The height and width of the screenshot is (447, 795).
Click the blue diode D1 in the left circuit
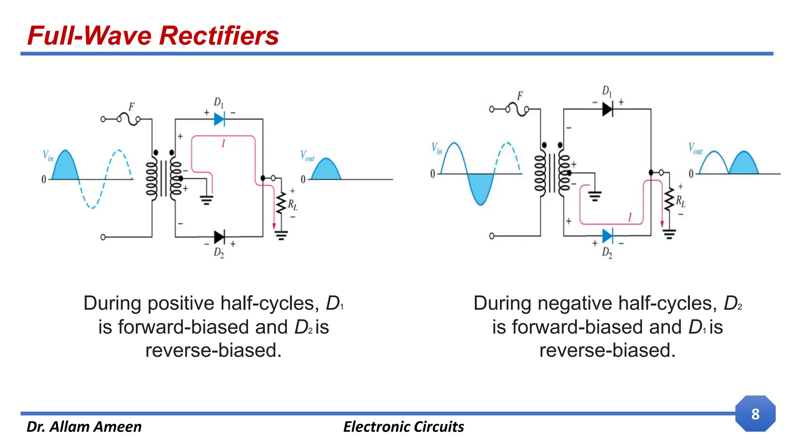coord(219,119)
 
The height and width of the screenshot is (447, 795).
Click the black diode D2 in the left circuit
coord(219,237)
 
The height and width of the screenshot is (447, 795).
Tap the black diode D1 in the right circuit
coord(608,109)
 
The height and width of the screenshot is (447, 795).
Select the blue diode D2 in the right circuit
coord(608,236)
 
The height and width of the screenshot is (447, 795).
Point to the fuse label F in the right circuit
coord(520,96)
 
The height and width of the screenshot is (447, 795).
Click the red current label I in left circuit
coord(223,144)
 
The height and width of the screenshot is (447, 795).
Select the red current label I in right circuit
coord(630,217)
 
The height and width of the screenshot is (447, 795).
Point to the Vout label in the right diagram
coord(695,149)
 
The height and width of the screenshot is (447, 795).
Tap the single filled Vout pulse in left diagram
coord(326,171)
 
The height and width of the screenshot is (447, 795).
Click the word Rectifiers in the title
coord(219,36)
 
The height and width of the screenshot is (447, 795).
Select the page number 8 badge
coord(755,414)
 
